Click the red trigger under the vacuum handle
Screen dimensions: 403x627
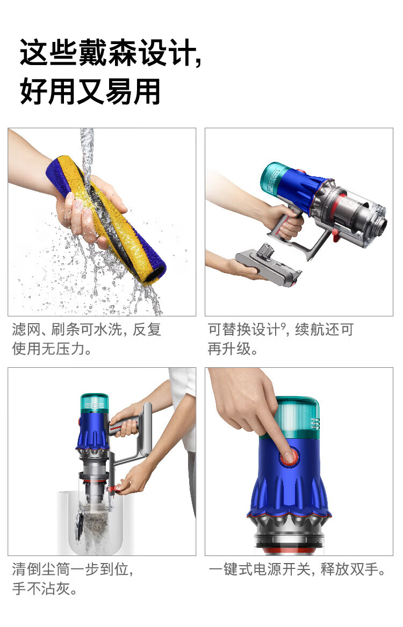335,235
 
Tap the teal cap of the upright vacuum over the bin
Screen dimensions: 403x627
94,403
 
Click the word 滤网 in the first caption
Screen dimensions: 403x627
26,330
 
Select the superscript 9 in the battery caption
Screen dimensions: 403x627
283,326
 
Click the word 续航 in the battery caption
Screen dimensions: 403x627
310,330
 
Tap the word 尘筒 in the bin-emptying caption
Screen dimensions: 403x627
55,569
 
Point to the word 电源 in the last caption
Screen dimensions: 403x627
267,569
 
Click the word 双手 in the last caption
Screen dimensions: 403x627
364,569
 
